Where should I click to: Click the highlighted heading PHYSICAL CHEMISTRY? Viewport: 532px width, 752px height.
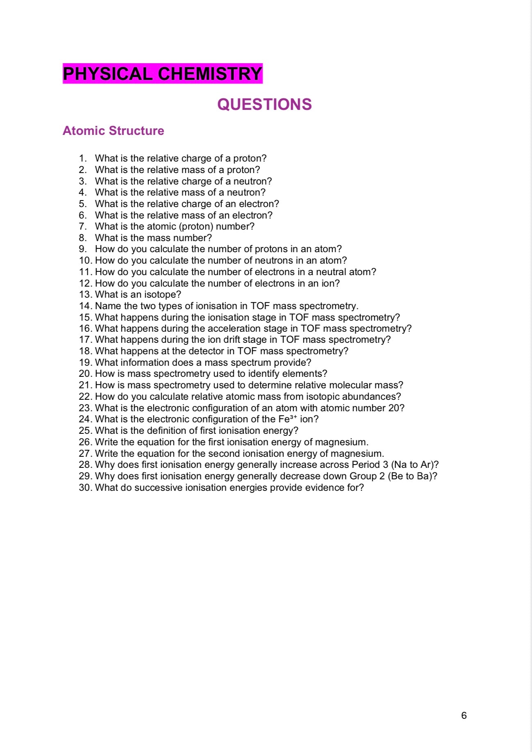(x=162, y=74)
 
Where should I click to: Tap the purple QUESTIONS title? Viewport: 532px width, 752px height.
(x=264, y=105)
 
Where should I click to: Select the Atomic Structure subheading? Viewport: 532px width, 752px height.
(x=113, y=131)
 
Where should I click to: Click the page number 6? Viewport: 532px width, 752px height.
(x=464, y=716)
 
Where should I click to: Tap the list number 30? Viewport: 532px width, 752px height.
(x=85, y=488)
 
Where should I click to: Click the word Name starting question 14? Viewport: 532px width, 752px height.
(x=108, y=306)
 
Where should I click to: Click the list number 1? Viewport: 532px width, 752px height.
(x=83, y=159)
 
